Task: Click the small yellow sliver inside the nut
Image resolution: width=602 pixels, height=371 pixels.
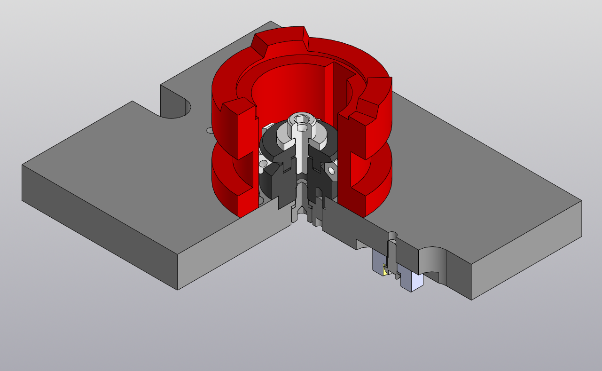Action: pyautogui.click(x=386, y=270)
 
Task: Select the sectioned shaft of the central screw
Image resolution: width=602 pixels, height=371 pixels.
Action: pyautogui.click(x=301, y=155)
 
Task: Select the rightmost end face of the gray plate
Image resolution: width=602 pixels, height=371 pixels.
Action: pyautogui.click(x=526, y=249)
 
